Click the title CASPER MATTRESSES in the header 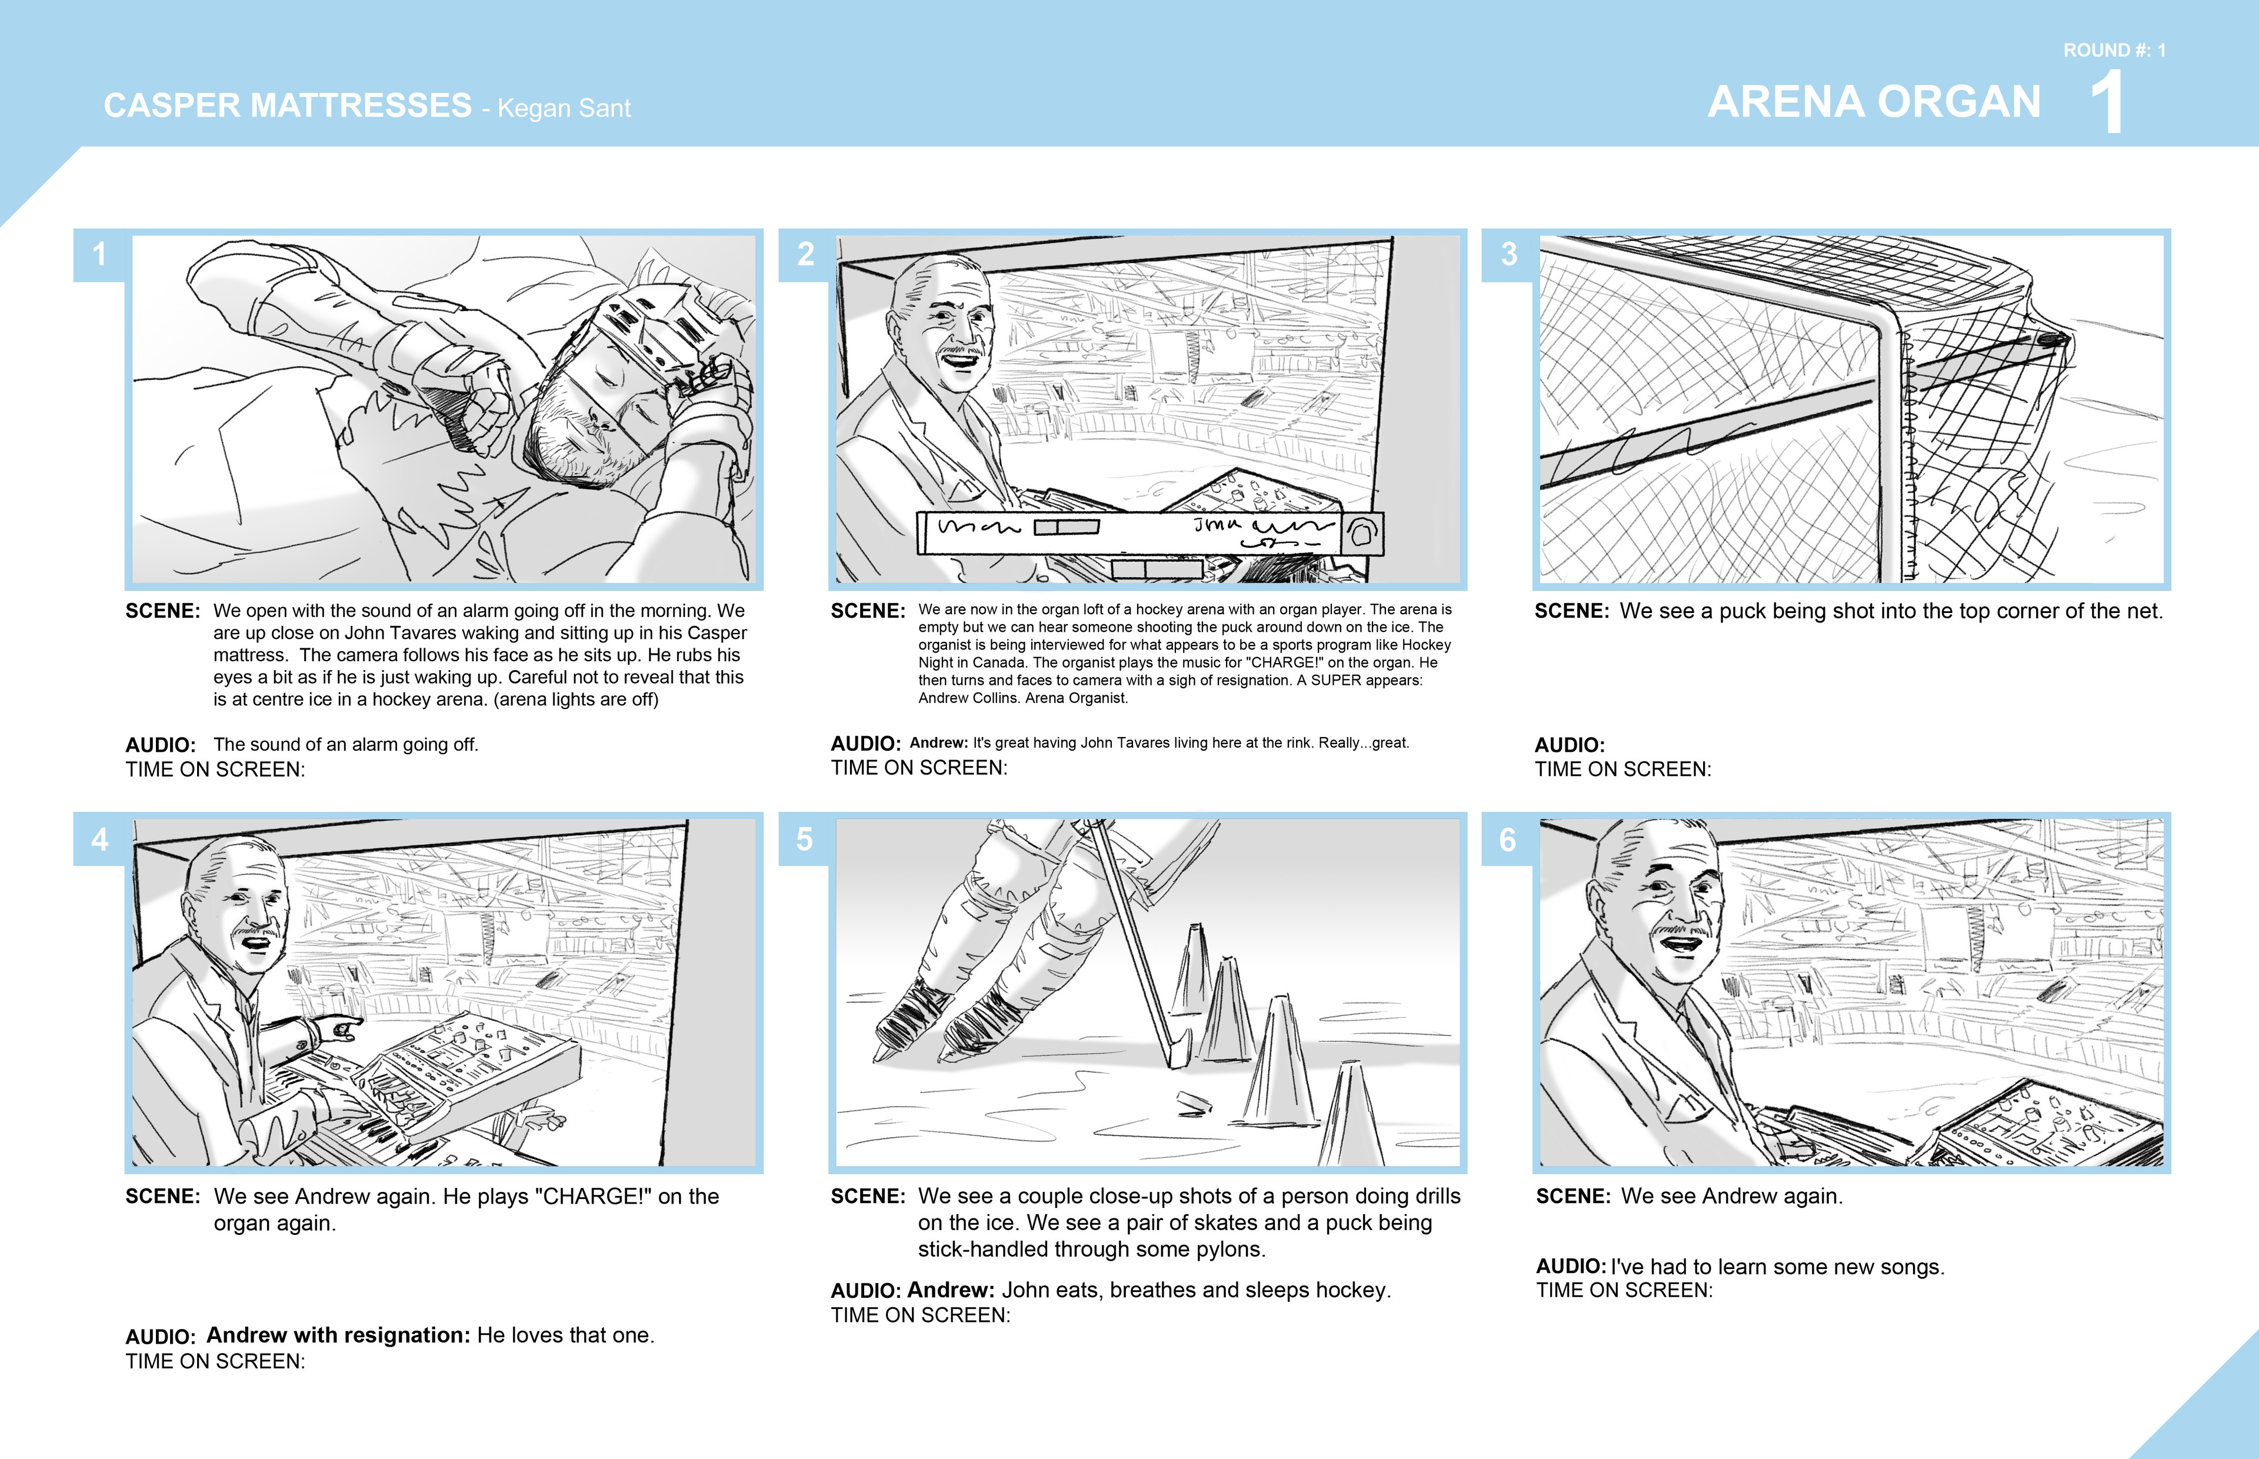287,105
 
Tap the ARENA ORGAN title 1874,102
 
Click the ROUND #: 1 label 2114,50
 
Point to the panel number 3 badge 1508,255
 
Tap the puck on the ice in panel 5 1194,1100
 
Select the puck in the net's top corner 2055,339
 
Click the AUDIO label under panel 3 1570,745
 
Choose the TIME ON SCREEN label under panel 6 1624,1290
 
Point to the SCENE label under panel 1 162,611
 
